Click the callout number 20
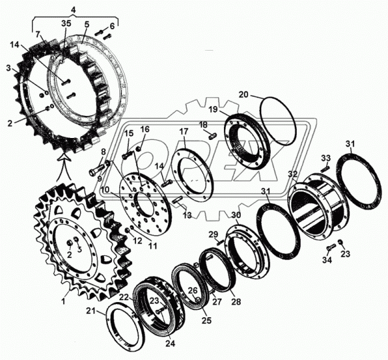243,94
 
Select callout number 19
213,109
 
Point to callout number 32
293,174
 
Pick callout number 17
183,131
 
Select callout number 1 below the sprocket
63,301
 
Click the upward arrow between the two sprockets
64,167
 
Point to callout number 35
66,23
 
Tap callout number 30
236,215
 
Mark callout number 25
207,320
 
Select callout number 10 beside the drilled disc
105,190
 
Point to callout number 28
235,301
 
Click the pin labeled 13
178,199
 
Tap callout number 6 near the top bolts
112,26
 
